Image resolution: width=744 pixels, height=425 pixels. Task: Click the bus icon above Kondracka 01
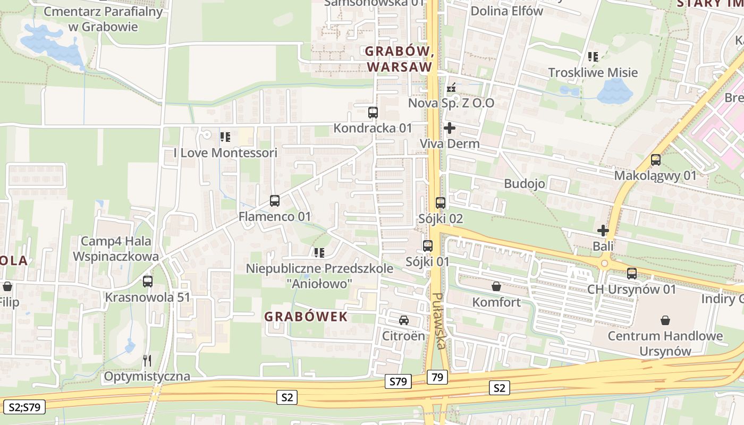point(373,113)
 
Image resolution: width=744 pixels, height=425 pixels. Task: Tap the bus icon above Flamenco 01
point(275,201)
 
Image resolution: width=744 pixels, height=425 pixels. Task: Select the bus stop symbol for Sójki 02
point(441,203)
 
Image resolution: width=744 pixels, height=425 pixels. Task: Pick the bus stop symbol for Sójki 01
point(428,246)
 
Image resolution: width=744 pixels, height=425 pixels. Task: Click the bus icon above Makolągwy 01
point(656,160)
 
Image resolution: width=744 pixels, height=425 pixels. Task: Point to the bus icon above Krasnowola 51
point(148,282)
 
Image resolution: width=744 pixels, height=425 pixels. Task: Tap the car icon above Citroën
point(404,320)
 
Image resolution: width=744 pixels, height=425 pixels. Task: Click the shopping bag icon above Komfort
point(496,286)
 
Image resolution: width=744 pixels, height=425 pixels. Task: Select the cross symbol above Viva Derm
point(450,128)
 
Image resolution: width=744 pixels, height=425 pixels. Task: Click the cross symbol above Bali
point(603,231)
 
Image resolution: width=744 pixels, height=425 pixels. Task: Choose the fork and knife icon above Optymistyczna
point(147,361)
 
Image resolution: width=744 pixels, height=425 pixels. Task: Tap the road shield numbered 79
point(437,377)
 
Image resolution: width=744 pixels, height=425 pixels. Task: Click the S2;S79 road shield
point(24,407)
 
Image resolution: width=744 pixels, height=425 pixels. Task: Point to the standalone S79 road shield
point(398,381)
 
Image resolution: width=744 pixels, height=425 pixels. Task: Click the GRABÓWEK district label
point(306,317)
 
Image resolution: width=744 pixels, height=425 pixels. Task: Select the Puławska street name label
point(439,321)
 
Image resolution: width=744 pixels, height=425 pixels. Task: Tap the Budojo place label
point(525,184)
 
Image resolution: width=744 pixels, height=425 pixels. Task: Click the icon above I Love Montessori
point(225,137)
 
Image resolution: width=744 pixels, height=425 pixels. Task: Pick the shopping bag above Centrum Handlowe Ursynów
point(665,320)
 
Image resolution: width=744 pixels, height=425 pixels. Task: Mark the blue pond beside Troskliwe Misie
point(614,91)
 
